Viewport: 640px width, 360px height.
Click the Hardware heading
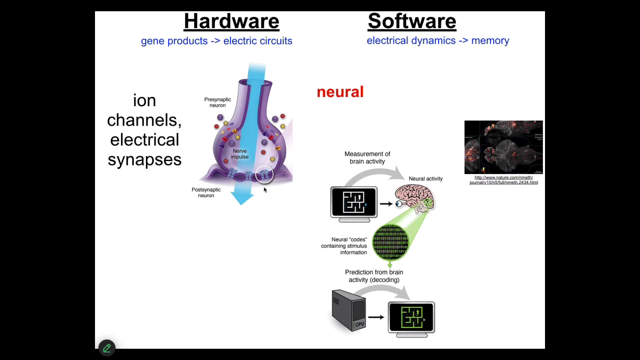pyautogui.click(x=231, y=21)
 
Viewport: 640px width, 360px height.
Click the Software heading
pyautogui.click(x=412, y=21)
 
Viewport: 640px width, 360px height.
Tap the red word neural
pyautogui.click(x=340, y=92)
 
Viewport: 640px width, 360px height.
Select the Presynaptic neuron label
pyautogui.click(x=217, y=102)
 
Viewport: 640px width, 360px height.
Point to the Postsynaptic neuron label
pyautogui.click(x=206, y=193)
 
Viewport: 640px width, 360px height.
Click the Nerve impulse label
pyautogui.click(x=240, y=154)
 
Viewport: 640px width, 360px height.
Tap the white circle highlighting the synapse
pyautogui.click(x=264, y=174)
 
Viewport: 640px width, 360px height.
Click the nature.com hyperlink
pyautogui.click(x=504, y=180)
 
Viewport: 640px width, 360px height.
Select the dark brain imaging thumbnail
pyautogui.click(x=503, y=147)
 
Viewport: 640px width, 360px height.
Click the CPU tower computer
pyautogui.click(x=349, y=310)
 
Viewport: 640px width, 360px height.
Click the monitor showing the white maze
pyautogui.click(x=354, y=203)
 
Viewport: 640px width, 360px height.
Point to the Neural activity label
pyautogui.click(x=426, y=179)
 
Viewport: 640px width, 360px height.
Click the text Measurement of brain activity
pyautogui.click(x=367, y=158)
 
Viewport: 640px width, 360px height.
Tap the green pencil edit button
pyautogui.click(x=107, y=348)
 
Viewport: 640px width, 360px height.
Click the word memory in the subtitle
pyautogui.click(x=490, y=41)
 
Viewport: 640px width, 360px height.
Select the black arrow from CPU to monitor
pyautogui.click(x=376, y=317)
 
